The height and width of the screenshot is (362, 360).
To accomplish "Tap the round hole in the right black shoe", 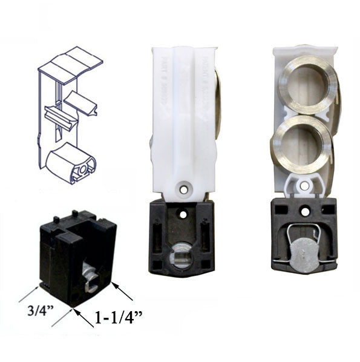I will tap(305, 211).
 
